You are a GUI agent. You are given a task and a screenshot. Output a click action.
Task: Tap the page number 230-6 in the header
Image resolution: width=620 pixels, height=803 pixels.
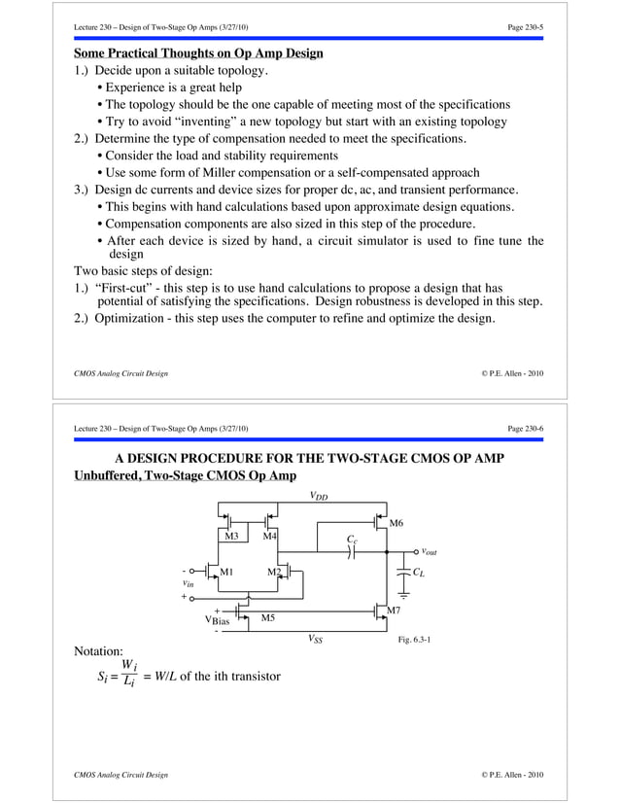[x=525, y=429]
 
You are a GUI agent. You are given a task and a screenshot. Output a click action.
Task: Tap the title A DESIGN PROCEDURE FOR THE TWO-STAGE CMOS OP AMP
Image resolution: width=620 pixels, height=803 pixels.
[x=309, y=458]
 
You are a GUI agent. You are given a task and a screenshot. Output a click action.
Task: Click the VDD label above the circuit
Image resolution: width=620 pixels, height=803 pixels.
[x=318, y=496]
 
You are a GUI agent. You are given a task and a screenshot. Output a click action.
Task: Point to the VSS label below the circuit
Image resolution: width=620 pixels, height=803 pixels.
[x=317, y=639]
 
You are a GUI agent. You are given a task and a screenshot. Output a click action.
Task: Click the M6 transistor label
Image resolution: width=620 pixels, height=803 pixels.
[x=396, y=524]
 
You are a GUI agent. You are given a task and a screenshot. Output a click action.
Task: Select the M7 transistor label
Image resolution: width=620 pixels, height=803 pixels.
[x=395, y=610]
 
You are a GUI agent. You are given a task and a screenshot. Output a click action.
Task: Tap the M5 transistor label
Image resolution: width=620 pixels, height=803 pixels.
[x=267, y=617]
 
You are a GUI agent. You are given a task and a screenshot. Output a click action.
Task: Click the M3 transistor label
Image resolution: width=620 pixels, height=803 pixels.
[x=231, y=536]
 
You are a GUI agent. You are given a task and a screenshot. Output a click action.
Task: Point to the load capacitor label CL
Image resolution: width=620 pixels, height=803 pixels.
[x=418, y=573]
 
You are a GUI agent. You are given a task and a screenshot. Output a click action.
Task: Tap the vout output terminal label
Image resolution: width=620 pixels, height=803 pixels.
[x=428, y=551]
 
